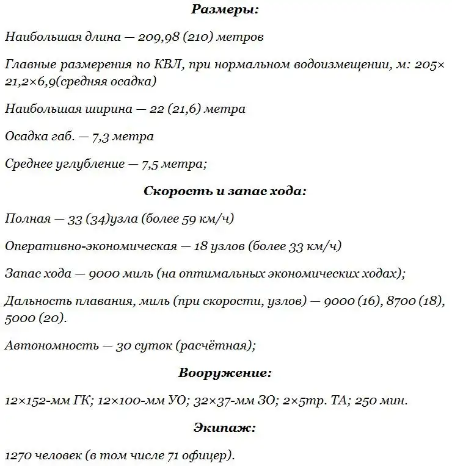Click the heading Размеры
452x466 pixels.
[225, 9]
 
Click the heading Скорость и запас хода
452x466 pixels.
[225, 191]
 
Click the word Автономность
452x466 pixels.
[51, 346]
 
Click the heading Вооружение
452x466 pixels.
[225, 373]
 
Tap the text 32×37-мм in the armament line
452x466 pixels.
[218, 401]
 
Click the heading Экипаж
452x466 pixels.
[225, 428]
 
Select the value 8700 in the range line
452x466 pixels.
[404, 301]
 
